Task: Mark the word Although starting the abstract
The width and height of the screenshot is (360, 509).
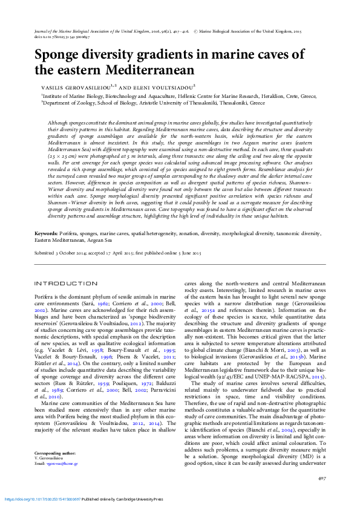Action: click(x=58, y=123)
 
